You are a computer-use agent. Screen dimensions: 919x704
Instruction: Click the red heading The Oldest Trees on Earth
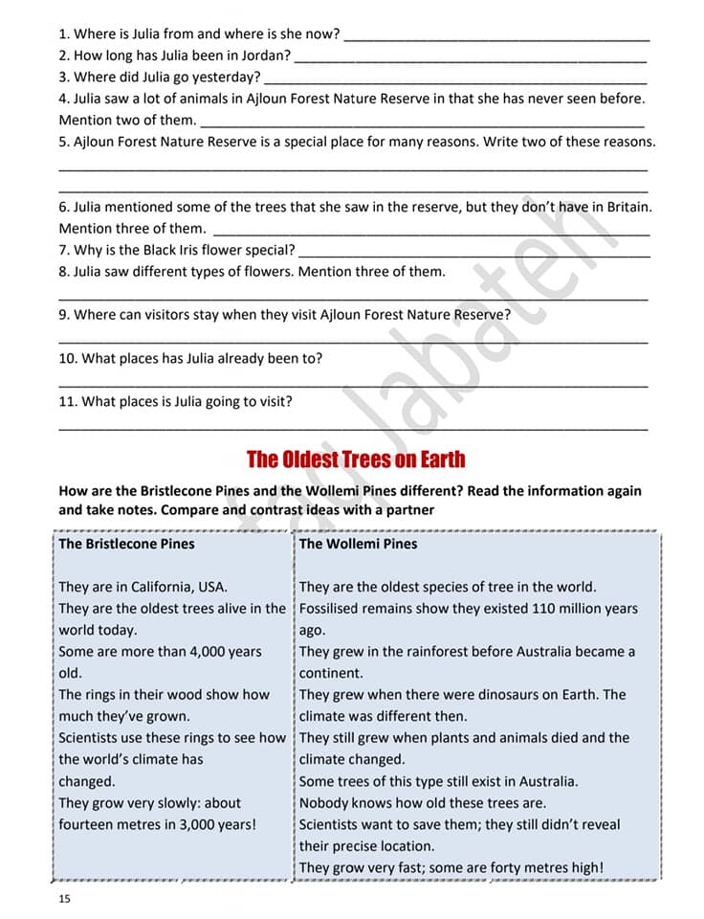tap(356, 459)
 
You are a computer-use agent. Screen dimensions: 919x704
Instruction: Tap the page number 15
tap(65, 899)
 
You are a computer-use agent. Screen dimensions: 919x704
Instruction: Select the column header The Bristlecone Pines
tap(126, 544)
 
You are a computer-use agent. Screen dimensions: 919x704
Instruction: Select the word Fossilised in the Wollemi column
tap(331, 609)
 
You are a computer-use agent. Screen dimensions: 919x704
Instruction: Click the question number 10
tap(67, 358)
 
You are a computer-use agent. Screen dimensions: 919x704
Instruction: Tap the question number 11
tap(67, 402)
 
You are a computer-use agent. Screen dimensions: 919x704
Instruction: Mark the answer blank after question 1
tap(496, 36)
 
